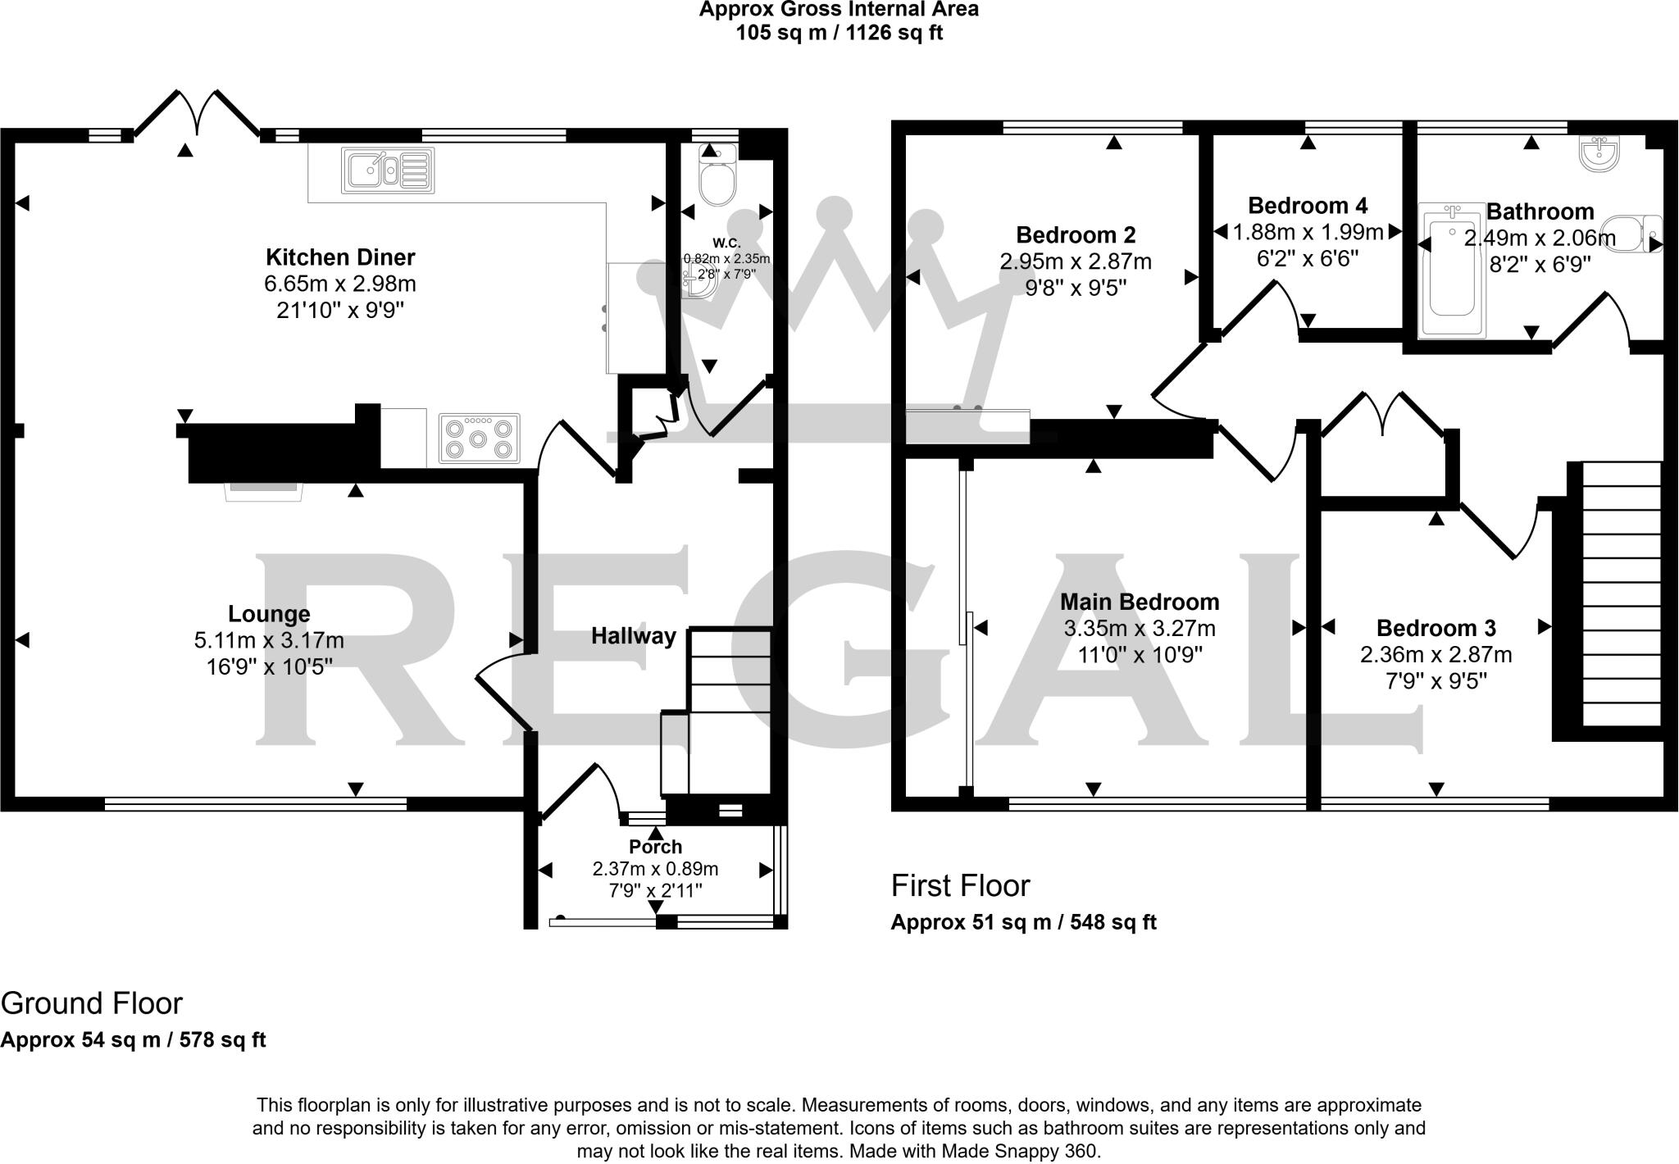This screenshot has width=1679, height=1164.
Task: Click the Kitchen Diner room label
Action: [x=340, y=257]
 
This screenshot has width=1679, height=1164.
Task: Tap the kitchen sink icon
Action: [x=388, y=171]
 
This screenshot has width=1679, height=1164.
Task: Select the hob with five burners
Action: [x=480, y=439]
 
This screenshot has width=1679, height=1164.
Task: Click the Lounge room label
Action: [x=269, y=614]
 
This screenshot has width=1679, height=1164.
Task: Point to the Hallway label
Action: [x=634, y=636]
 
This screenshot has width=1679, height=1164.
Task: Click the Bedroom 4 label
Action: [x=1308, y=205]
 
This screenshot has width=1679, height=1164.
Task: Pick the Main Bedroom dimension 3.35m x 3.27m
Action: [x=1140, y=629]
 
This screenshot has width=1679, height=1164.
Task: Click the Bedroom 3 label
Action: [x=1436, y=629]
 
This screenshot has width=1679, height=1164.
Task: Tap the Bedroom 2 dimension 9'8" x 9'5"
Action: [x=1076, y=288]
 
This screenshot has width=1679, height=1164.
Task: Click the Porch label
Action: [x=655, y=847]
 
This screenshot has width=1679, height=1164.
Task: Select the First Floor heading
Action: [x=960, y=886]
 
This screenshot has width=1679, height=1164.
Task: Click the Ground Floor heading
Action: [x=92, y=1003]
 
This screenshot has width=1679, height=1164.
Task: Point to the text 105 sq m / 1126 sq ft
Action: [x=839, y=34]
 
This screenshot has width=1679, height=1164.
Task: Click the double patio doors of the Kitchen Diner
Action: [x=197, y=115]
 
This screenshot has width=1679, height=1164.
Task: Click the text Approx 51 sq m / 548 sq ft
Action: [x=1023, y=922]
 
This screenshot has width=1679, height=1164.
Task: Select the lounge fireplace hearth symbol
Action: [x=265, y=490]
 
